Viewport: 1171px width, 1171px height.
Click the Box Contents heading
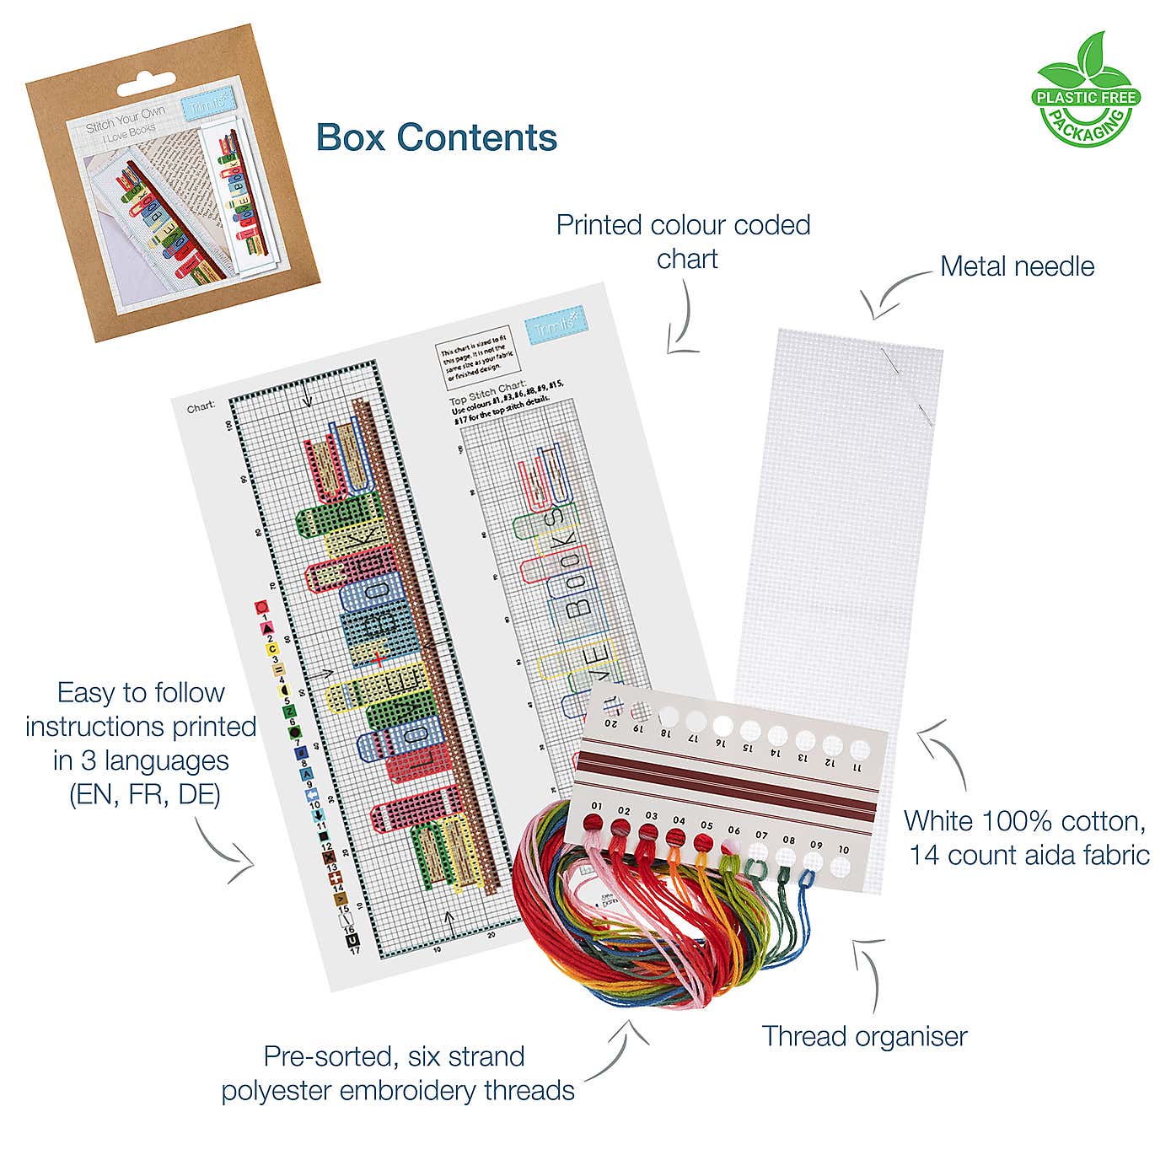point(437,137)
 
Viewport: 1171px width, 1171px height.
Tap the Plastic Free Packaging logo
point(1086,90)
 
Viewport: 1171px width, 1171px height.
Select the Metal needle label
point(1017,266)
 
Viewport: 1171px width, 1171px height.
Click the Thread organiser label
point(864,1036)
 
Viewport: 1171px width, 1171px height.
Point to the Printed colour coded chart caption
point(684,242)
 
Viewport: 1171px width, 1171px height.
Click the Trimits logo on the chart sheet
point(556,326)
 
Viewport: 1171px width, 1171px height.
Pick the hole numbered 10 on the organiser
point(841,865)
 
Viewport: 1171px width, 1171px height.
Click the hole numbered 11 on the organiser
point(858,748)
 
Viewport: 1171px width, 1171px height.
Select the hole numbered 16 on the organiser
point(722,725)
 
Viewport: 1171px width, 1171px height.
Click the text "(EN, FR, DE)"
point(144,795)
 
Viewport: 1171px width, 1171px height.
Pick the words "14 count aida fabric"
point(1029,855)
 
